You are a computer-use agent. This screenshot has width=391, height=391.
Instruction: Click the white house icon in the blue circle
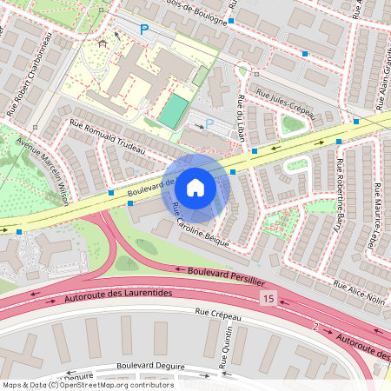point(195,187)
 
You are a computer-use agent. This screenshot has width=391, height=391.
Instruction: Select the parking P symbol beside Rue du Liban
point(209,125)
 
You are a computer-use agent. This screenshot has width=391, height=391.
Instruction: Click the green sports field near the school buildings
point(175,110)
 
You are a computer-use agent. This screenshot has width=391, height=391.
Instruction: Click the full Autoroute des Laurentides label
point(119,296)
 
